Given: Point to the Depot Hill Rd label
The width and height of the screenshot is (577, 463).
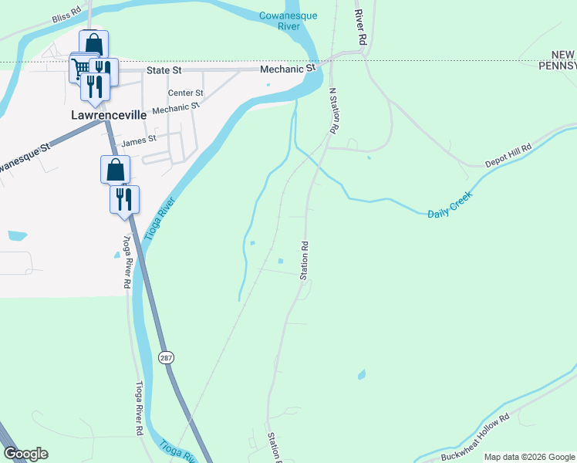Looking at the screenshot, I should [x=508, y=157].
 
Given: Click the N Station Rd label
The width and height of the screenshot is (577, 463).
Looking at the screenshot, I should [x=334, y=112].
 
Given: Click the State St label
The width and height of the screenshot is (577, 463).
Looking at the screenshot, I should [x=164, y=69].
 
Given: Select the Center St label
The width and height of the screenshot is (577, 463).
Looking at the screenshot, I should [x=185, y=93].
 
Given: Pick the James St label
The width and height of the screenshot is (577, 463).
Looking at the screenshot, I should [x=139, y=140].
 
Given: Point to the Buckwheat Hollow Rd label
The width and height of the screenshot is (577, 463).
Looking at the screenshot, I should [x=476, y=438].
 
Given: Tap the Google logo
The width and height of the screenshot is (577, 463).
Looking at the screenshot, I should [x=25, y=454].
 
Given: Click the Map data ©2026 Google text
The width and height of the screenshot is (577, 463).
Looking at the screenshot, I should [x=529, y=457].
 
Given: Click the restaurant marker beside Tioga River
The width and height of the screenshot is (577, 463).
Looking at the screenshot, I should [x=124, y=199].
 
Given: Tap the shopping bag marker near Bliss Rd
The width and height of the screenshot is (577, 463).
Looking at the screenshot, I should [x=93, y=43].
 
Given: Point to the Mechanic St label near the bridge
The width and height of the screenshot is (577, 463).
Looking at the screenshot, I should [x=288, y=69].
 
